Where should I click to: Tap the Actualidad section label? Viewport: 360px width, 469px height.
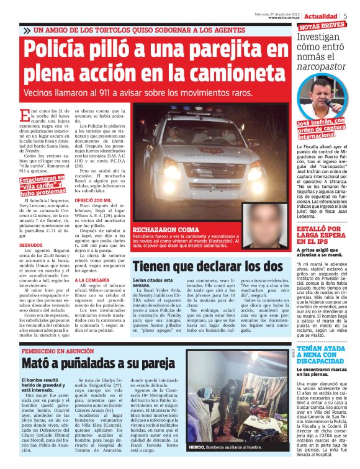pos(322,16)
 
